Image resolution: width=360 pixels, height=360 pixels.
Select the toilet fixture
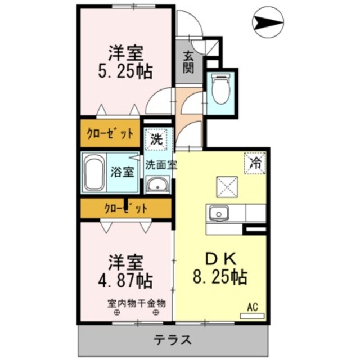point(220,89)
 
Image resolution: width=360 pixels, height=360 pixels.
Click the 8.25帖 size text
point(220,277)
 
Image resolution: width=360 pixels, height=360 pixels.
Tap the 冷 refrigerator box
point(255,164)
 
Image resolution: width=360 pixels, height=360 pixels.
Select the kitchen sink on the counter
point(218,213)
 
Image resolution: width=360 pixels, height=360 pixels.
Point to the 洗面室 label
point(160,165)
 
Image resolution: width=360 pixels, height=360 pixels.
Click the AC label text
point(253,307)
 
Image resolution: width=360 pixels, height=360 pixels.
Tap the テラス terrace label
point(174,340)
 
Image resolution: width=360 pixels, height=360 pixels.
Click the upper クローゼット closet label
point(110,134)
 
